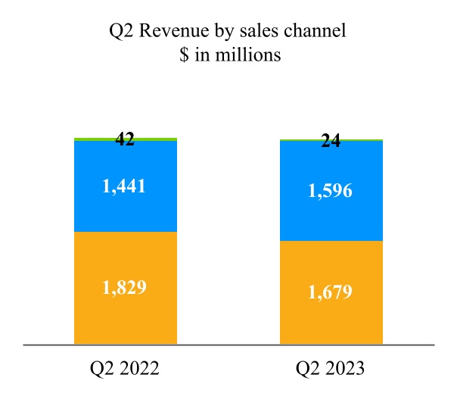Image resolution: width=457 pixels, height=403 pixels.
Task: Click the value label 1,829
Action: pos(126,288)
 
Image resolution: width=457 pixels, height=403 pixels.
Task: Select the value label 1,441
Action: pos(126,186)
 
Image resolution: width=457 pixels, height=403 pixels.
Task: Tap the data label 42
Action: pos(125,139)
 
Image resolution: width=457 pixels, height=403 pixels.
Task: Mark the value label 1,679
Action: pos(331,292)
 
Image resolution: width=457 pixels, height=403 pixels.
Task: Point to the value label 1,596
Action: pos(331,192)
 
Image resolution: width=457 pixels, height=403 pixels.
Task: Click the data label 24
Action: pos(331,141)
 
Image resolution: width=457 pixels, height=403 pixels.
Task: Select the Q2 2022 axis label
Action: pos(125,369)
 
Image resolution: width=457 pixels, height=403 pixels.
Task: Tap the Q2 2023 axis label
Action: pos(331,369)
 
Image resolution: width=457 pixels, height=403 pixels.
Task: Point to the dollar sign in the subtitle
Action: pos(179,55)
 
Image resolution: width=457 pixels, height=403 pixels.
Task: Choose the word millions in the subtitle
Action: pos(251,55)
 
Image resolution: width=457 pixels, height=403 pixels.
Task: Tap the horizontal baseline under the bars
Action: pos(227,345)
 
